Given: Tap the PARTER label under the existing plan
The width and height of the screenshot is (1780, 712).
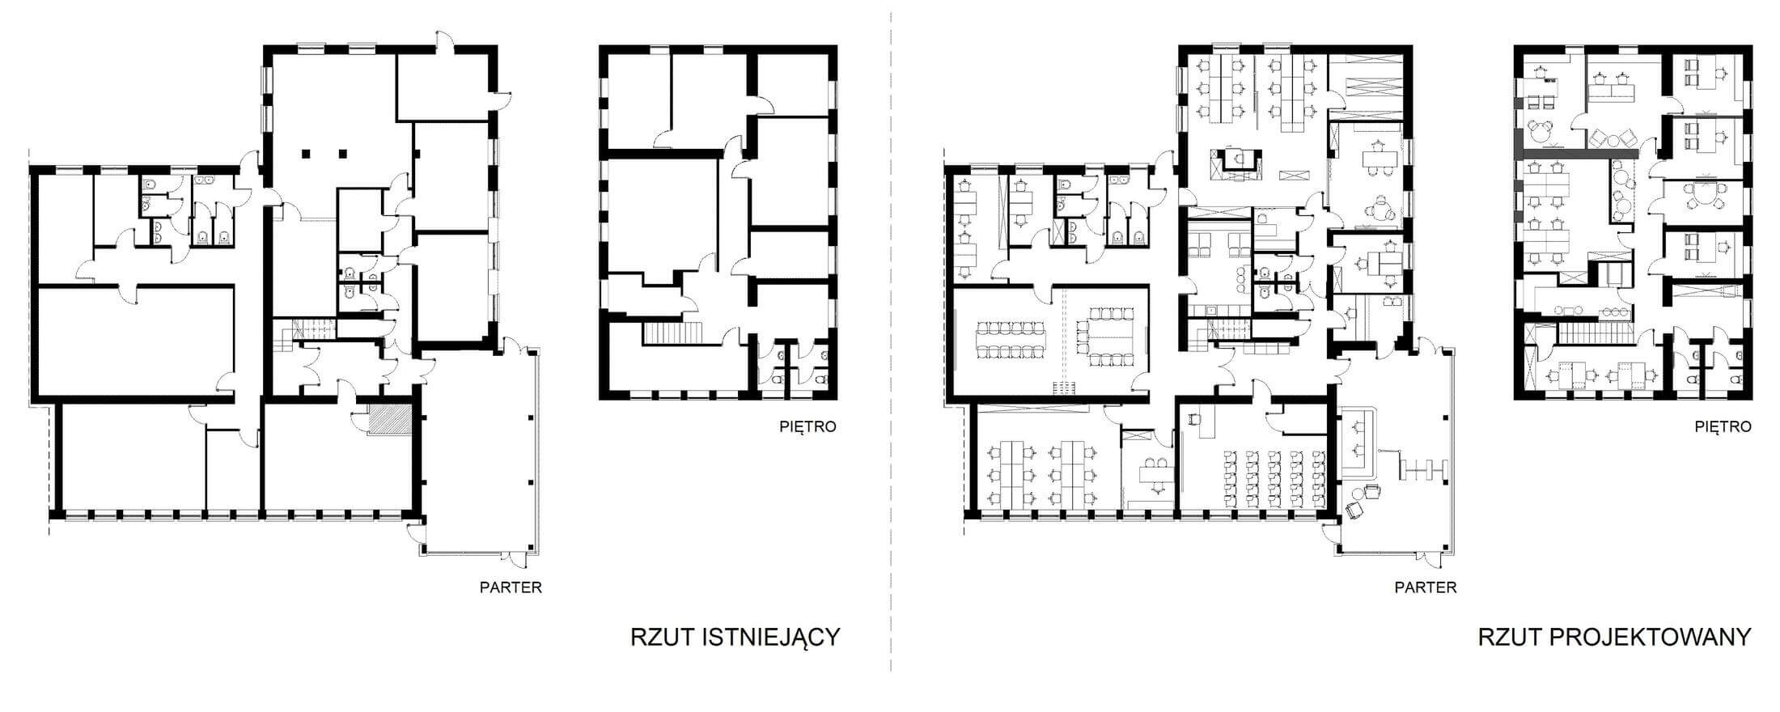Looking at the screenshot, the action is [511, 587].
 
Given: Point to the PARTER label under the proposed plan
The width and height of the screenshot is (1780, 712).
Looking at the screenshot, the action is [1426, 587].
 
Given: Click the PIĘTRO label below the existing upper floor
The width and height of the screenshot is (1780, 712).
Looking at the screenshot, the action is [807, 426].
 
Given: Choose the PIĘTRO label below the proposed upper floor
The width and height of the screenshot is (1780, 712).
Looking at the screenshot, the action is [1723, 426].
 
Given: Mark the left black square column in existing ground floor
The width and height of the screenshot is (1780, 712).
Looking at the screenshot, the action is [307, 152].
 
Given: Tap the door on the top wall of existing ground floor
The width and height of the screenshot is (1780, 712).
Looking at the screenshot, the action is [443, 44].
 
